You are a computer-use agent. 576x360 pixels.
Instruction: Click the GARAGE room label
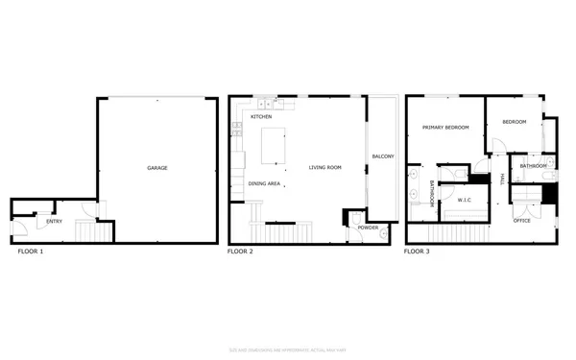(x=157, y=168)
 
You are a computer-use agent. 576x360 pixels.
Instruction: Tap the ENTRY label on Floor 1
(x=42, y=222)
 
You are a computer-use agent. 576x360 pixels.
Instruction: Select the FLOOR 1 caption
(x=30, y=252)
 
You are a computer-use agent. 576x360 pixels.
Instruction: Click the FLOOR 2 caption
(x=240, y=252)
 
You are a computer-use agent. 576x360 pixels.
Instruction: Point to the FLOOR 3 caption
(x=417, y=252)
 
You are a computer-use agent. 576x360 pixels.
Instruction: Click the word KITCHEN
(x=261, y=117)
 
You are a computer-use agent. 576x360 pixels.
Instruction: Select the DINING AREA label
(x=264, y=183)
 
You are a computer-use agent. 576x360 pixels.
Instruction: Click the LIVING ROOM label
(x=325, y=168)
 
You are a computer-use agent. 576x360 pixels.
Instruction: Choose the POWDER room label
(x=369, y=228)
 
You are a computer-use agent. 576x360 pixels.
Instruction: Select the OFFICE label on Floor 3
(x=521, y=221)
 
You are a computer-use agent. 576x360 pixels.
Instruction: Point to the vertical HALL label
(x=502, y=179)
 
